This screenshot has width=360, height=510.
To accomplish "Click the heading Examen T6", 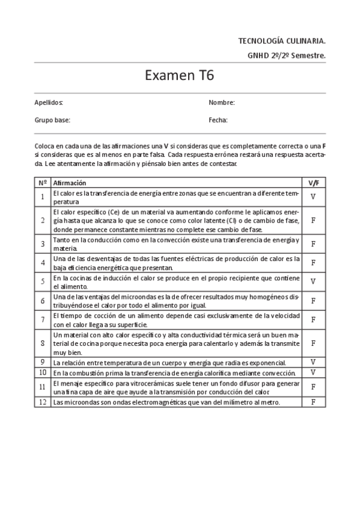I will [x=180, y=76].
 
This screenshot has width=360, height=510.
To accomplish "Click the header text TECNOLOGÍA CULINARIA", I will [x=282, y=41].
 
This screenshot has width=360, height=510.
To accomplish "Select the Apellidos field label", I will [x=49, y=103].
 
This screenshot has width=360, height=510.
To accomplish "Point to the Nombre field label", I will [x=222, y=103].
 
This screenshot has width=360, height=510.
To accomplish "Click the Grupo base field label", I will [x=52, y=120].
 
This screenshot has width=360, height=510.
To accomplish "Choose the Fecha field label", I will [x=218, y=120].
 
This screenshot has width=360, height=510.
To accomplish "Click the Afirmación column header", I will [x=70, y=183].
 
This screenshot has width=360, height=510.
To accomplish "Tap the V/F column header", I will [x=314, y=183].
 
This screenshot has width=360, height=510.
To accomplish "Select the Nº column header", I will [x=43, y=183].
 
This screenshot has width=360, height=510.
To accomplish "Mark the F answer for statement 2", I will [x=314, y=221].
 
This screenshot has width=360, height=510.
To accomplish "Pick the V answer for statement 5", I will [x=314, y=281].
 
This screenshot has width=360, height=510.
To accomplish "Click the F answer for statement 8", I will [x=314, y=343].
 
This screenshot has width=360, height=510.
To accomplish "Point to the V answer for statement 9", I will [x=314, y=362].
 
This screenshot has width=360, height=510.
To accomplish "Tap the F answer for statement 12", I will [x=314, y=402].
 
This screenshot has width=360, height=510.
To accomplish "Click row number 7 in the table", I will [x=43, y=319].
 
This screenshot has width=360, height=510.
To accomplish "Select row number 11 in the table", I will [x=43, y=387].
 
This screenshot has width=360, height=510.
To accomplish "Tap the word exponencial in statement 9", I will [x=268, y=363].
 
